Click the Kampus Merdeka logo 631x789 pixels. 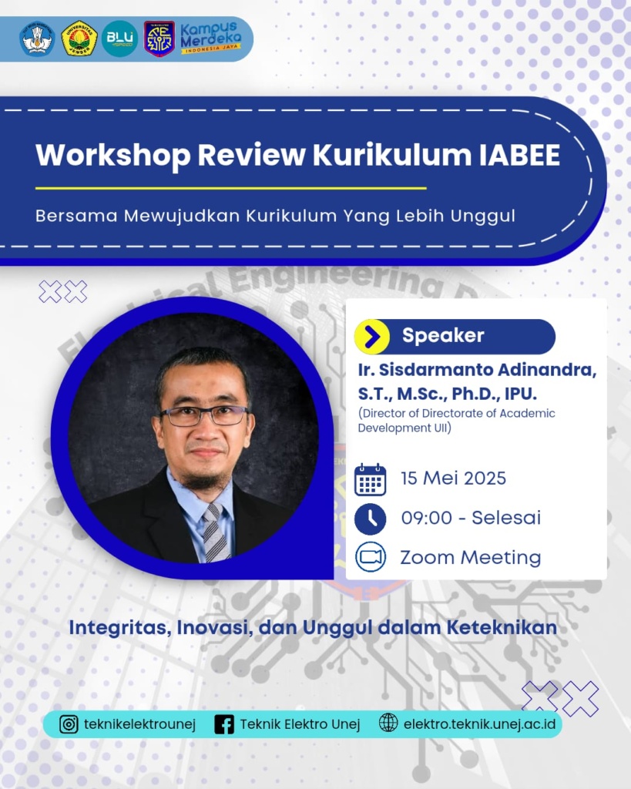tap(211, 38)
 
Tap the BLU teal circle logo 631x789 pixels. tap(119, 39)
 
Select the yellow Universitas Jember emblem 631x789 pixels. tap(79, 39)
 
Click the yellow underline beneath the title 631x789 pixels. tap(231, 188)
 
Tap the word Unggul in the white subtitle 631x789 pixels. tap(482, 217)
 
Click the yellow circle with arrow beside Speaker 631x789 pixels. tap(372, 337)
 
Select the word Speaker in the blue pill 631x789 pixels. tap(443, 335)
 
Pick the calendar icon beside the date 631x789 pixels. tap(371, 480)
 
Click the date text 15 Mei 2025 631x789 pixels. tap(453, 478)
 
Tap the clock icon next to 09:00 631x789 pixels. tap(371, 519)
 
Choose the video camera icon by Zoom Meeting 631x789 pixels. tap(371, 557)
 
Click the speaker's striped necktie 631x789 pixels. tap(216, 533)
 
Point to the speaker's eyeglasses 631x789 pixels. tap(203, 415)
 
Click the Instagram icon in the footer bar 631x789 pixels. tap(69, 724)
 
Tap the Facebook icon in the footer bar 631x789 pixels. tap(224, 724)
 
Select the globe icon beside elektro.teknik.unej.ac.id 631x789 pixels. tap(388, 723)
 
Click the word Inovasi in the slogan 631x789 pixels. tap(215, 628)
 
